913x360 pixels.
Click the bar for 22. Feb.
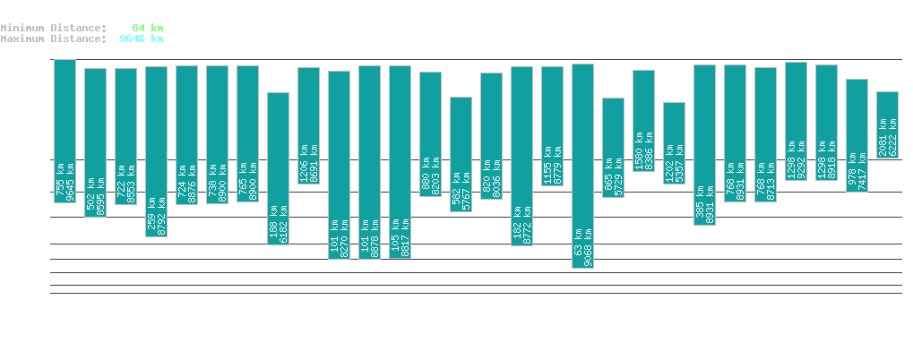[582, 166]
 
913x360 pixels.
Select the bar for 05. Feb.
[65, 131]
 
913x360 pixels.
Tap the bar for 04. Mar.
[887, 124]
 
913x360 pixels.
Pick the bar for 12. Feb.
[278, 168]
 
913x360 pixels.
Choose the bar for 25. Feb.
[674, 143]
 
